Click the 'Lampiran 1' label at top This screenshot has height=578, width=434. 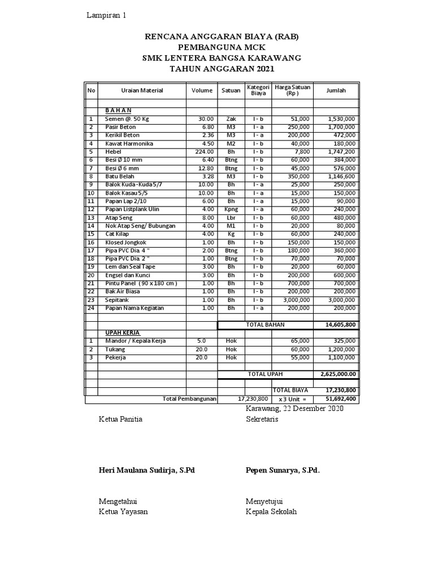pos(106,15)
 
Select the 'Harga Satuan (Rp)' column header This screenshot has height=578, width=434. pos(292,90)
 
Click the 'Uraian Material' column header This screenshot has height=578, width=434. pos(142,90)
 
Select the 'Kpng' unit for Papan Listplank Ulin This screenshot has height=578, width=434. pos(231,209)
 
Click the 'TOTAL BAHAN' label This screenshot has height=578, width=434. pos(265,325)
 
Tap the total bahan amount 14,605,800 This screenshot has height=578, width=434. pos(340,325)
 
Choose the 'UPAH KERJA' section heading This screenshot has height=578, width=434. pos(123,333)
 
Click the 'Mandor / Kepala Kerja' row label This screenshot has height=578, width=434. pos(136,341)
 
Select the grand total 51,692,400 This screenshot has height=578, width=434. pos(340,399)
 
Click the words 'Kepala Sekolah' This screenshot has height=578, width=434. pos(271,512)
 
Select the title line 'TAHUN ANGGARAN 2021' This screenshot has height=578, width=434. pos(222,69)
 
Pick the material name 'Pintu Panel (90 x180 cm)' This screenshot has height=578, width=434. pos(141,283)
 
